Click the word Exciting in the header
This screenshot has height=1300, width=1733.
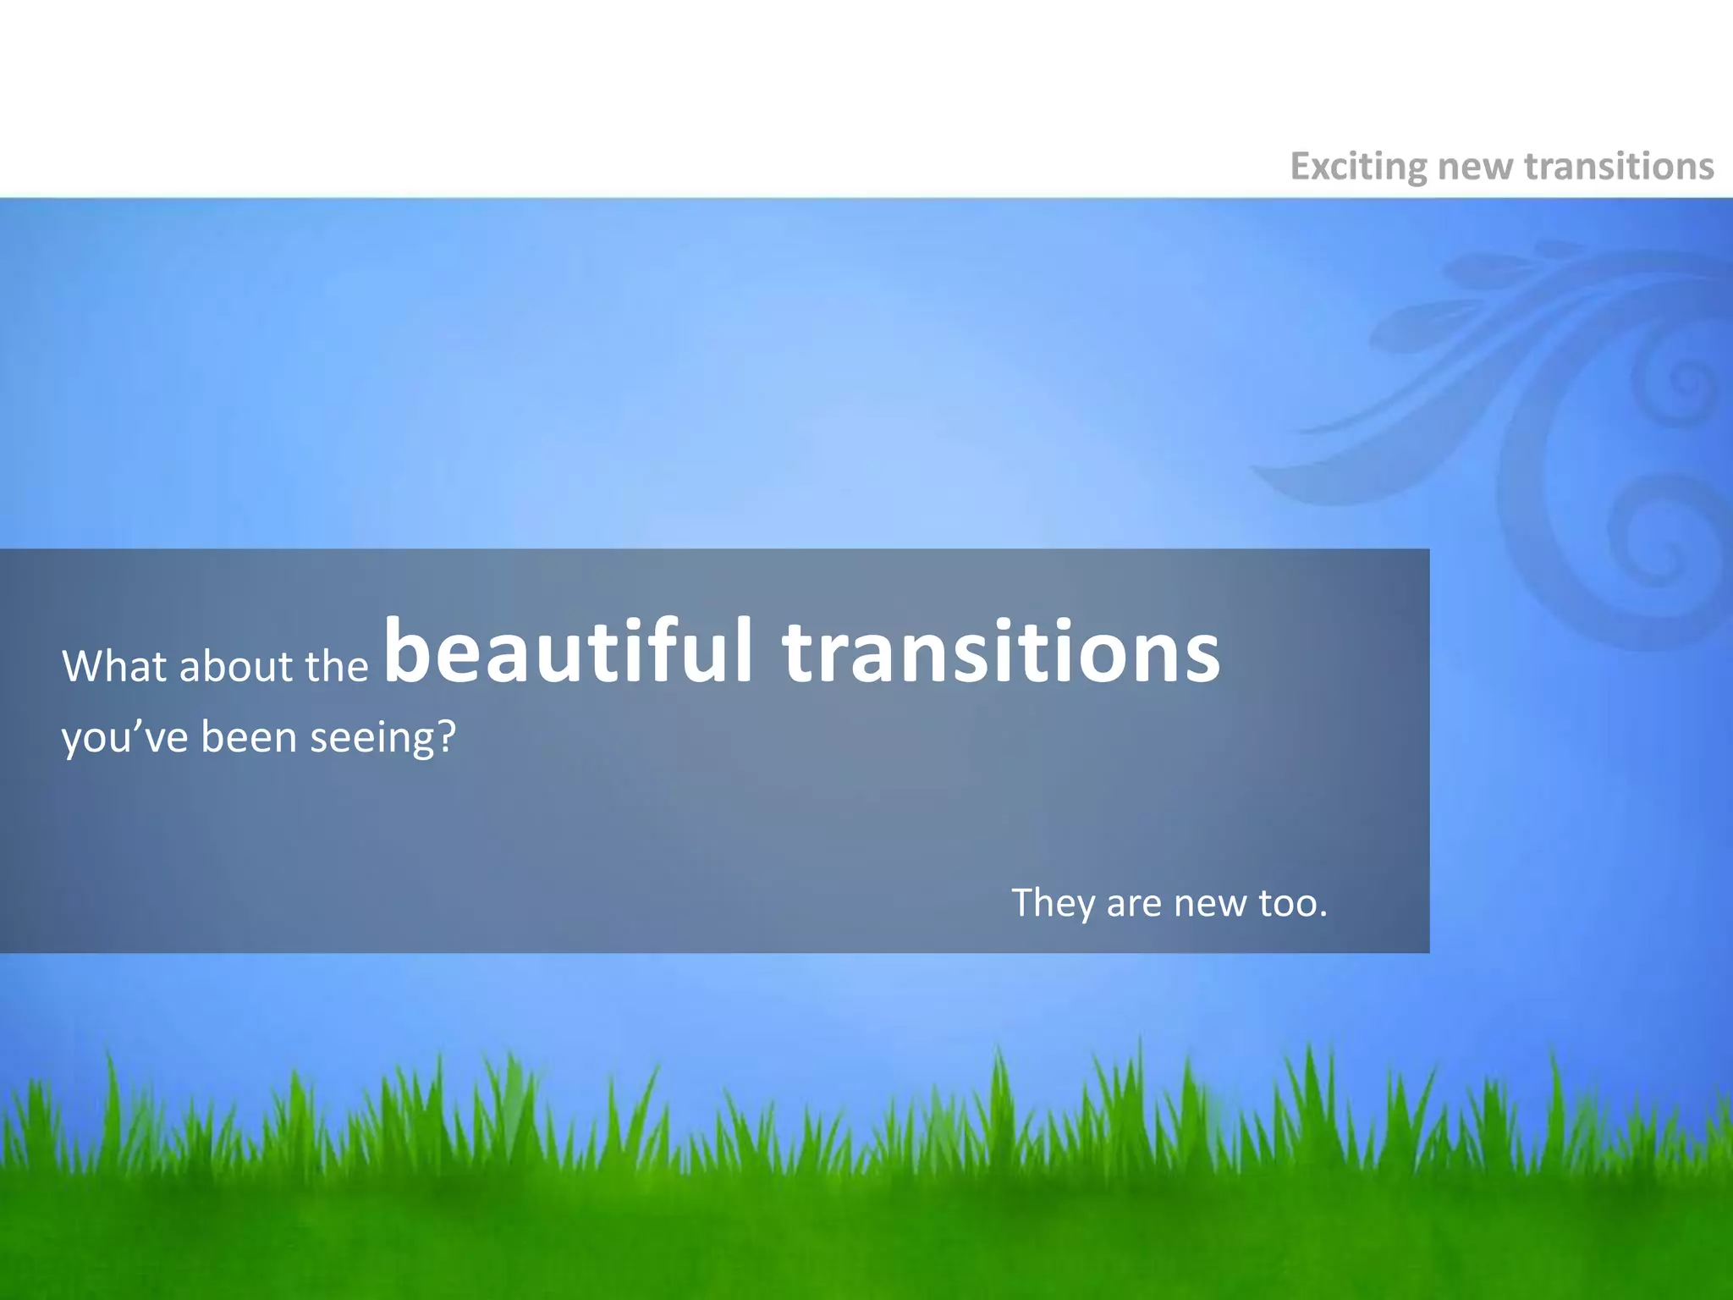click(x=1357, y=167)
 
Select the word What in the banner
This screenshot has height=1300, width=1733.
click(x=114, y=666)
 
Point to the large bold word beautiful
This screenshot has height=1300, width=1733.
click(x=568, y=652)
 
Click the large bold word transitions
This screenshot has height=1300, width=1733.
click(x=1001, y=652)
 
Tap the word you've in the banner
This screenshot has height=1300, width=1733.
click(x=124, y=738)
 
